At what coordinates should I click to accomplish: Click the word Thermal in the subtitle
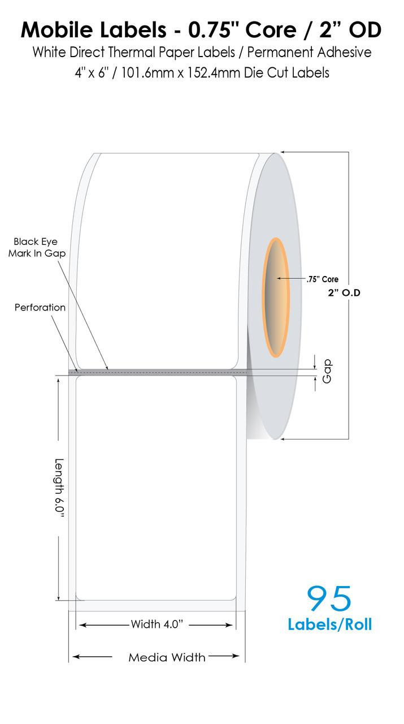click(128, 52)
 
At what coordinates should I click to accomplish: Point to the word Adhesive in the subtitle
click(344, 52)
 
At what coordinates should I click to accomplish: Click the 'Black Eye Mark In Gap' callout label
click(37, 247)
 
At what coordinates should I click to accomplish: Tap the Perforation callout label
click(40, 307)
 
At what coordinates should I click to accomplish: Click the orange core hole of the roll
click(276, 298)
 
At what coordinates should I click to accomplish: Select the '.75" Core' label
click(322, 279)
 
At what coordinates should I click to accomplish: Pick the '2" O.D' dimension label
click(344, 292)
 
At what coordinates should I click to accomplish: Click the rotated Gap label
click(327, 371)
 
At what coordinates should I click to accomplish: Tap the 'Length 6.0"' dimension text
click(59, 488)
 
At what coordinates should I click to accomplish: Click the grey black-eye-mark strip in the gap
click(158, 372)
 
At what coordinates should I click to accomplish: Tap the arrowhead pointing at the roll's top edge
click(283, 152)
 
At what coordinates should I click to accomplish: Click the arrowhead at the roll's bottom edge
click(283, 439)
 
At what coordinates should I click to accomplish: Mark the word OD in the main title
click(365, 30)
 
